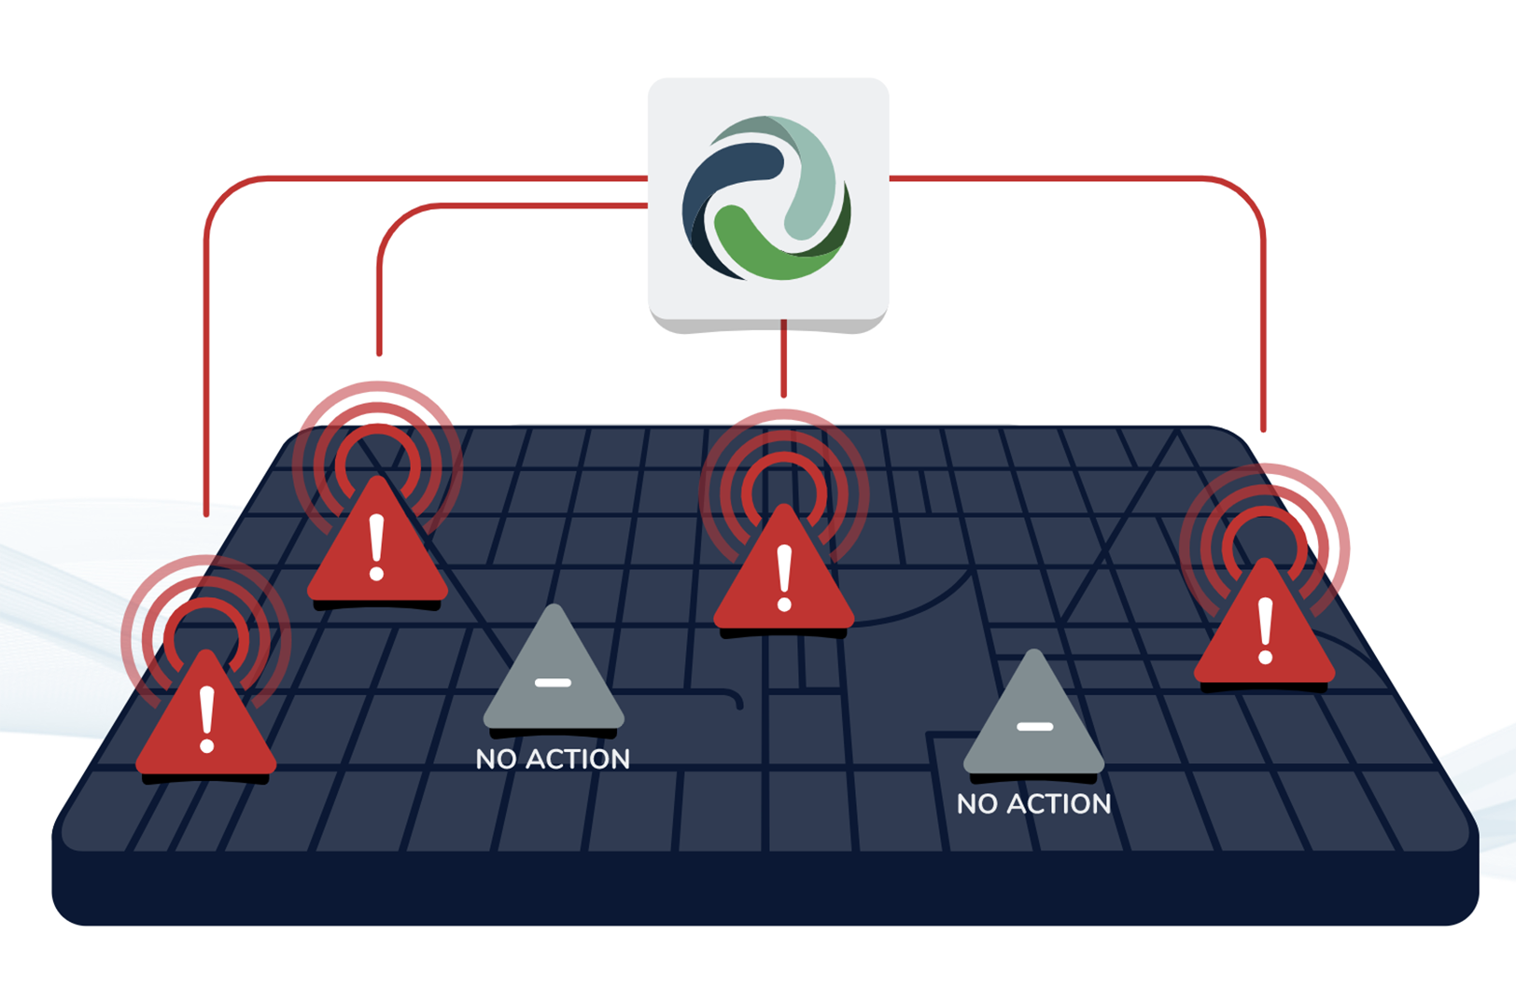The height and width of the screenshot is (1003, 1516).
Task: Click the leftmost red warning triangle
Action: [206, 723]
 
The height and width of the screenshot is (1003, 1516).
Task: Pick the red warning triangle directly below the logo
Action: [784, 578]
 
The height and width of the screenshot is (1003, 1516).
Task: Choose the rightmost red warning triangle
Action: [1265, 630]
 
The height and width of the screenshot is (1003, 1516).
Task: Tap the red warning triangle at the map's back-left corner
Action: [377, 550]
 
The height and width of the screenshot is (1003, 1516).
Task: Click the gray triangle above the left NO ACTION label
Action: [554, 676]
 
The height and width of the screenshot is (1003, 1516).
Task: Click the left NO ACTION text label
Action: [553, 759]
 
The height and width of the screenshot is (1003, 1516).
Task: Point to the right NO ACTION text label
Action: [1034, 804]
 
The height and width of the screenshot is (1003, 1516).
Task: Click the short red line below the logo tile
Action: [784, 359]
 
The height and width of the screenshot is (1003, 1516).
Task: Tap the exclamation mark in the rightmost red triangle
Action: [1266, 632]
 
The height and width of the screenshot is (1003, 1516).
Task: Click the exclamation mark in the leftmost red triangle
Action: [207, 719]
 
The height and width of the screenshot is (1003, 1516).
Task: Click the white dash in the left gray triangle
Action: [554, 683]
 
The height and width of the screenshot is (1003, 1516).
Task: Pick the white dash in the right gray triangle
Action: [1034, 726]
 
